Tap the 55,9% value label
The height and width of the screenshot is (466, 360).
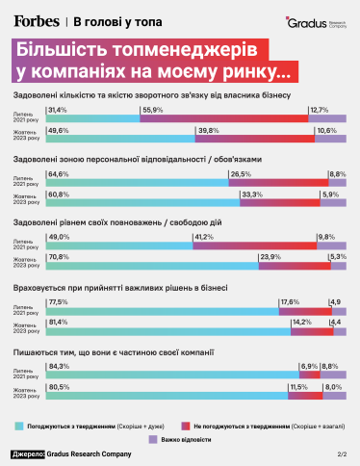click(x=152, y=110)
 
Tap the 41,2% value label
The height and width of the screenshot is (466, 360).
click(x=204, y=237)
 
